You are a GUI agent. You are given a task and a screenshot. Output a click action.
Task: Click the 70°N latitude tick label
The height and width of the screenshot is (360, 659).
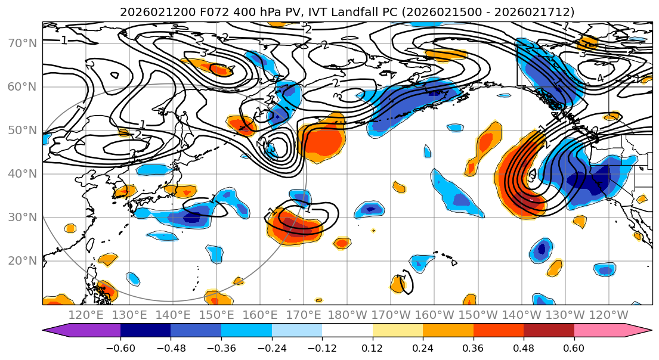coord(21,43)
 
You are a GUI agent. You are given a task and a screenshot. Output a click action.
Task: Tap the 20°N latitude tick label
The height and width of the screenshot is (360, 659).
coord(21,260)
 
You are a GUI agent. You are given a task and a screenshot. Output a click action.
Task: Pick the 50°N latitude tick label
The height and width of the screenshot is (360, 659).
coord(21,130)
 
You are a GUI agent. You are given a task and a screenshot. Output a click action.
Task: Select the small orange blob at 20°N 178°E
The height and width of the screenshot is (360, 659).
coord(342,243)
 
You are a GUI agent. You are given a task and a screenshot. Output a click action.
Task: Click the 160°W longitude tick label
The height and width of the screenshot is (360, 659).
coord(434,315)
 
